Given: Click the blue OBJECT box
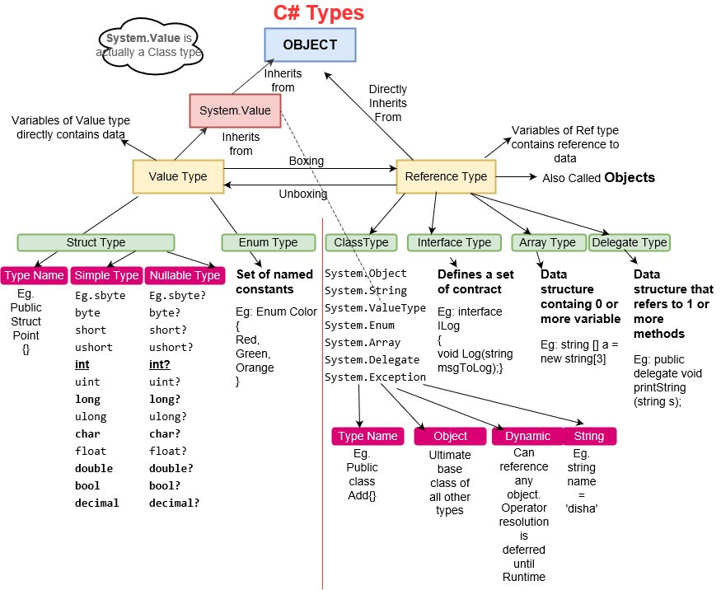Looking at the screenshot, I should pyautogui.click(x=311, y=44).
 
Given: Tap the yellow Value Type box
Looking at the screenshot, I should pyautogui.click(x=178, y=176).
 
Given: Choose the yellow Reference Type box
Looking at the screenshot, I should pyautogui.click(x=447, y=176).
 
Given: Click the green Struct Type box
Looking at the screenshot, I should pyautogui.click(x=96, y=242).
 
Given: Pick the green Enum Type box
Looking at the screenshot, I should pyautogui.click(x=269, y=242).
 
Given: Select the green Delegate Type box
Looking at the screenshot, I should pyautogui.click(x=630, y=242).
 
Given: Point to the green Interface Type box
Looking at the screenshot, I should pyautogui.click(x=454, y=242).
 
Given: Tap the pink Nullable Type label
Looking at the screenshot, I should pyautogui.click(x=184, y=275).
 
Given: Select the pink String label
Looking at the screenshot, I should pyautogui.click(x=589, y=436).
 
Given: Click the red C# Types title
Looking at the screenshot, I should pyautogui.click(x=318, y=13).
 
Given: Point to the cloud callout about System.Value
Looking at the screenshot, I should pyautogui.click(x=149, y=45).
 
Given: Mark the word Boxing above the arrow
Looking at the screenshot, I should pyautogui.click(x=306, y=161).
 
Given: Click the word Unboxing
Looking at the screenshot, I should pyautogui.click(x=303, y=194).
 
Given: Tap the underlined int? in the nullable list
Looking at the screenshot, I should pyautogui.click(x=162, y=365).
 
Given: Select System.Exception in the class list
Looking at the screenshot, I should pyautogui.click(x=375, y=377).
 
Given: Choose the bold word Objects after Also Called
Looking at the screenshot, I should pyautogui.click(x=630, y=177).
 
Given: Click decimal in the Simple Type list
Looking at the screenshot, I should pyautogui.click(x=96, y=503).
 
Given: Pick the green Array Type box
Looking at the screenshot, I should pyautogui.click(x=549, y=242).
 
